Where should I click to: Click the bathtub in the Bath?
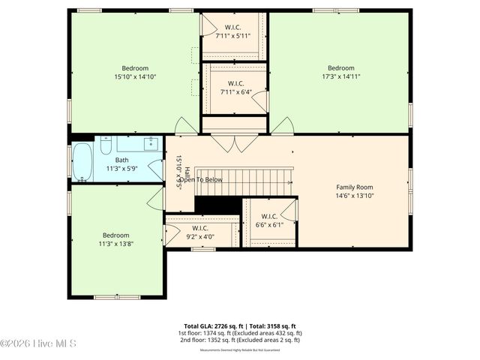coord(82,162)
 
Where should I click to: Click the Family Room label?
coord(355,187)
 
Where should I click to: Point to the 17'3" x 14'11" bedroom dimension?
coord(340,76)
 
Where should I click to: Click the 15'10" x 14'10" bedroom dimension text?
coord(135,76)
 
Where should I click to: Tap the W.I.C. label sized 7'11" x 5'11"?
coord(232,35)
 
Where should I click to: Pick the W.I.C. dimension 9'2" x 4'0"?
coord(200,237)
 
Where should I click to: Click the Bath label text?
coord(121,160)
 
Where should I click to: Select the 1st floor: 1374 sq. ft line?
coord(240,333)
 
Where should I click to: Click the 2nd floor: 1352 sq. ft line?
coord(240,340)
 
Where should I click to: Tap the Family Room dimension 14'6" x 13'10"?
coord(355,196)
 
